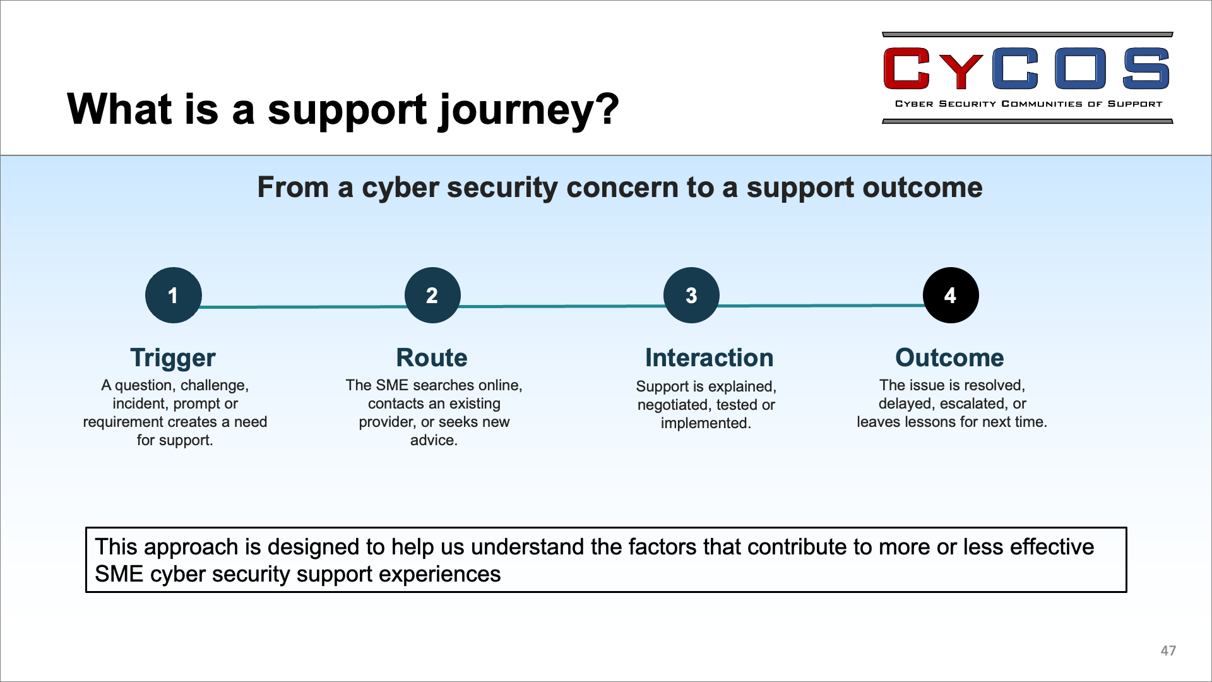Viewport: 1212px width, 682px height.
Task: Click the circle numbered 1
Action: (x=174, y=295)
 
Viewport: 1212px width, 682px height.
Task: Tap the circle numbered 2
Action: (x=432, y=295)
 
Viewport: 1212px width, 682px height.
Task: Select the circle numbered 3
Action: (x=691, y=295)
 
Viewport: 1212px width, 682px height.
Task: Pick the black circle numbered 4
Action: (x=951, y=295)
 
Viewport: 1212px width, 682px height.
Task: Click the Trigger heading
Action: (x=173, y=358)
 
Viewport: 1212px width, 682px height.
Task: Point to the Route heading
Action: (x=432, y=357)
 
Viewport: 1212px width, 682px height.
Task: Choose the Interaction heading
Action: (x=709, y=357)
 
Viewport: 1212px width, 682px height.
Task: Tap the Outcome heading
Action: (x=949, y=357)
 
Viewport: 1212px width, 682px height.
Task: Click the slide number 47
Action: (x=1168, y=650)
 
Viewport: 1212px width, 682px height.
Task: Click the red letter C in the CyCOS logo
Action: (x=906, y=68)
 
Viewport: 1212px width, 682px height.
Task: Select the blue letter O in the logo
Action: (x=1081, y=68)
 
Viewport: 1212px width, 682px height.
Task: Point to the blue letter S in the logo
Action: (x=1146, y=68)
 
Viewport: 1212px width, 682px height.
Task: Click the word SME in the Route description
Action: (x=393, y=385)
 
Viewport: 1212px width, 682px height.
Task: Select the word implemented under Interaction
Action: (x=706, y=423)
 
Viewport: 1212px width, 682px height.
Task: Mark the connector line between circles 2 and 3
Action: (x=562, y=306)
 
